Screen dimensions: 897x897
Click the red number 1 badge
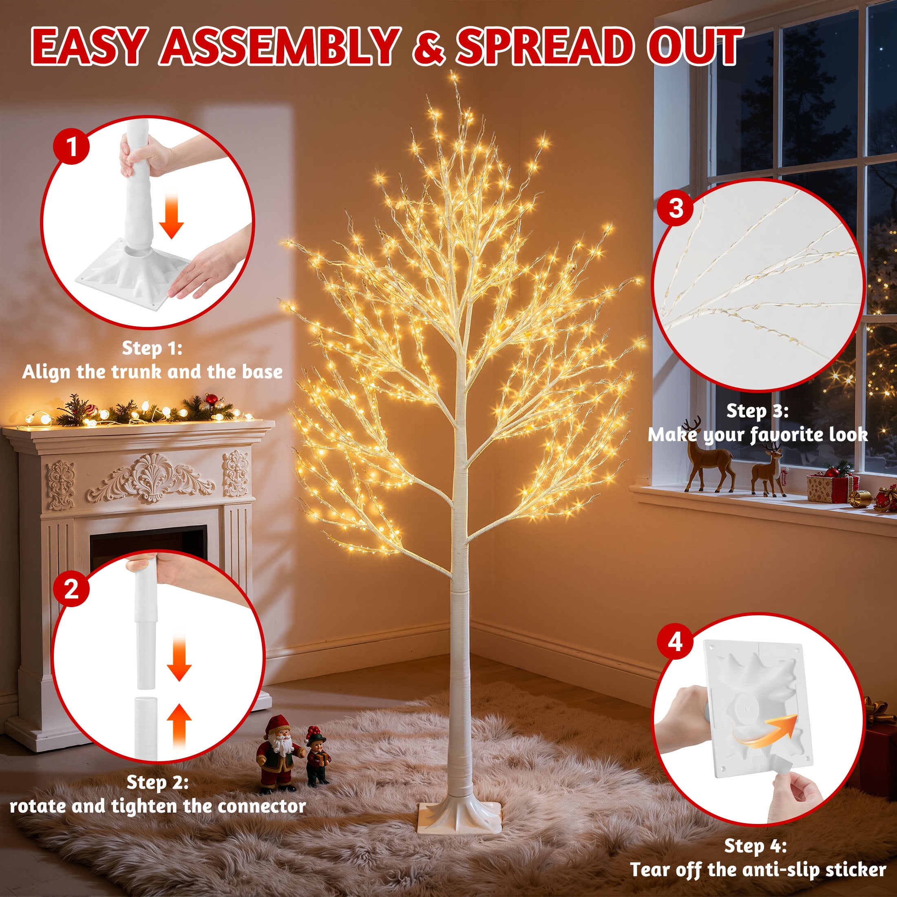click(x=72, y=147)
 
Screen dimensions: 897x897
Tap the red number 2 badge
click(x=71, y=589)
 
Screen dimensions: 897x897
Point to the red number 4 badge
click(x=675, y=642)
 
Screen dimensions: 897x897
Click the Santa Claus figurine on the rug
click(x=277, y=752)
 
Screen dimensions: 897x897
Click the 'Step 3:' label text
click(x=757, y=411)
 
